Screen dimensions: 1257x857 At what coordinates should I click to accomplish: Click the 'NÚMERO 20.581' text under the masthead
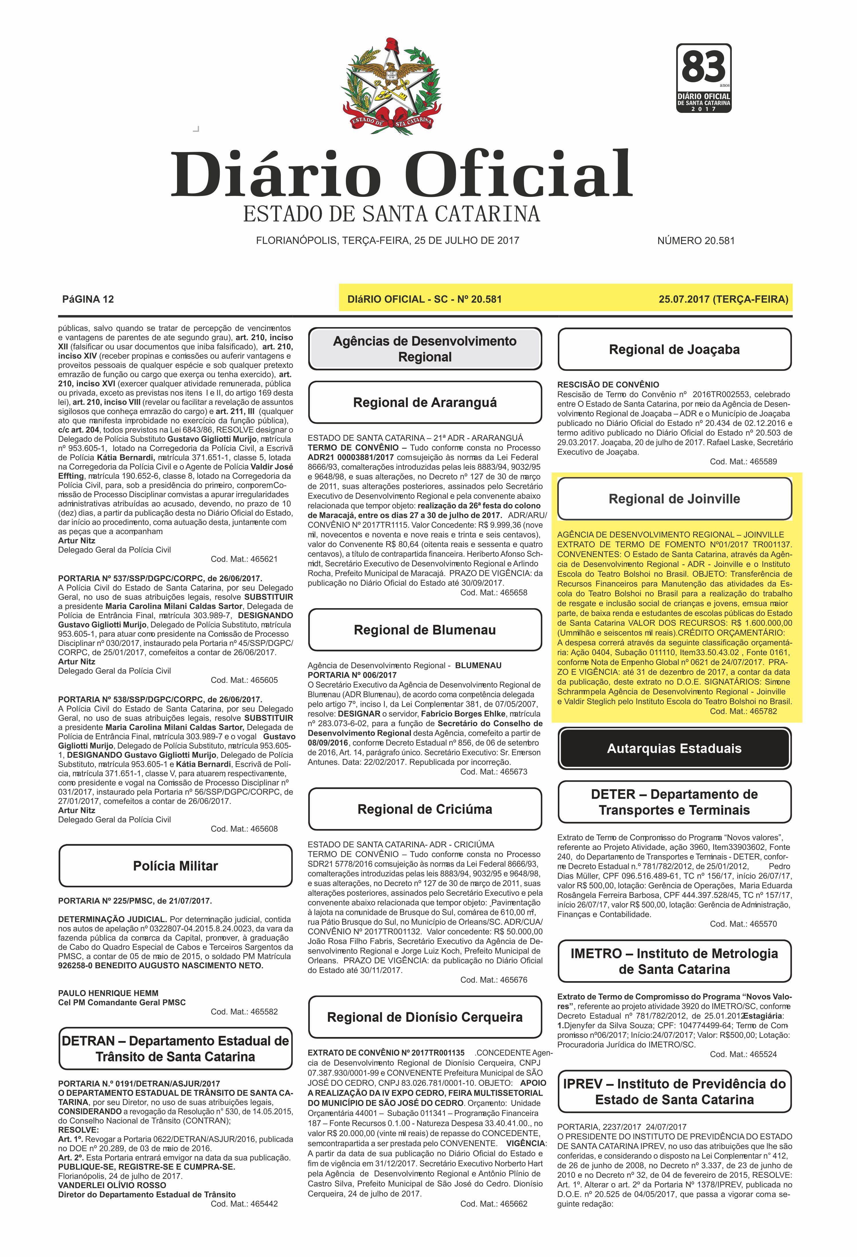(696, 241)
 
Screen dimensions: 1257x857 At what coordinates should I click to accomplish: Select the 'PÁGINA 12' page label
(88, 299)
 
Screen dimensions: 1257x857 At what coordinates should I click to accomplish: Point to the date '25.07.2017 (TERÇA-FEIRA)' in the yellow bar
(723, 299)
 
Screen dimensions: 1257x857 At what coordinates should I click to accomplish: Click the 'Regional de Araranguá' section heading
(425, 402)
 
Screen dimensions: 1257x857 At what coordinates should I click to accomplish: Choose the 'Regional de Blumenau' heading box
(425, 630)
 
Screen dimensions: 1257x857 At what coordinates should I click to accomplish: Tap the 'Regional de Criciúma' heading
(425, 809)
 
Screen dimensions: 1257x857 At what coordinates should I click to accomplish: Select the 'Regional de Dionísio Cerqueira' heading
(425, 1017)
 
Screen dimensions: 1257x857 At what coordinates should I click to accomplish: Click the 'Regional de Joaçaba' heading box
(674, 349)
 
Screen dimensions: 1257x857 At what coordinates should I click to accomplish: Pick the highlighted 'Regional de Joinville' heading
(674, 499)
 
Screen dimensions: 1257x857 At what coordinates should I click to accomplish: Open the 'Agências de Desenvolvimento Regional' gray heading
(425, 349)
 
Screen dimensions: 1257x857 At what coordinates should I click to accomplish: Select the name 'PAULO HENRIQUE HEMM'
(108, 993)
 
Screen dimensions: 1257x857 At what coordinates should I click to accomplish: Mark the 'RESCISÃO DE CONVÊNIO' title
(608, 384)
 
